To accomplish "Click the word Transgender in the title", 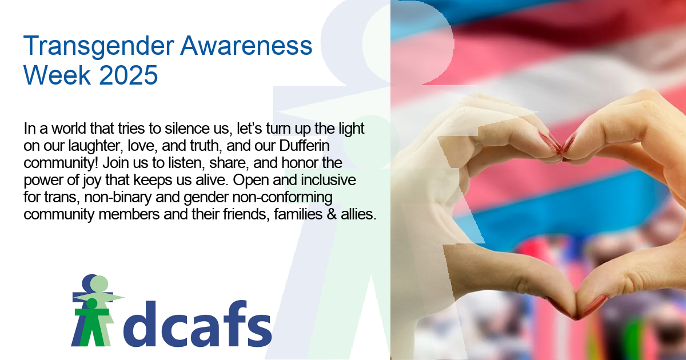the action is click(98, 46).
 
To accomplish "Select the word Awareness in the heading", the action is click(246, 46).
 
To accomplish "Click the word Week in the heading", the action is click(57, 75).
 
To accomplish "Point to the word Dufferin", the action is click(304, 145).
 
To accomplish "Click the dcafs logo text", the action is click(197, 323).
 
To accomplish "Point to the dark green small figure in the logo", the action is click(92, 322).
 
